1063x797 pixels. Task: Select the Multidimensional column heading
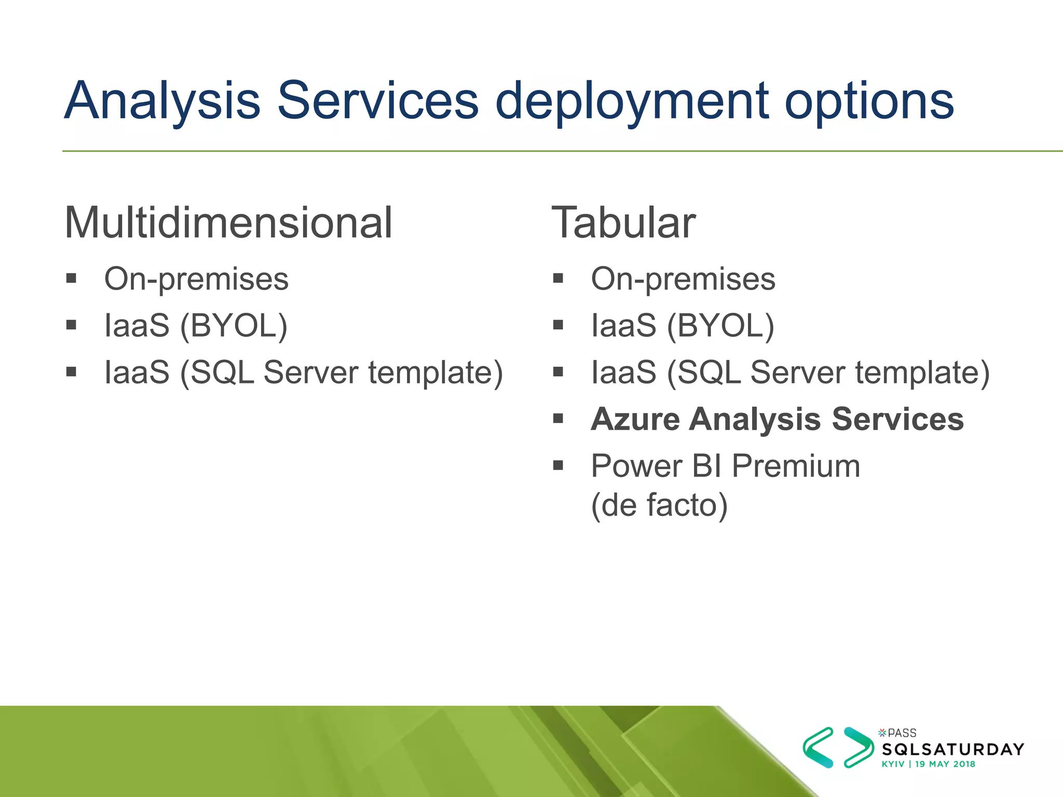pyautogui.click(x=228, y=223)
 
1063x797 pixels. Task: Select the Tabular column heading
pyautogui.click(x=623, y=223)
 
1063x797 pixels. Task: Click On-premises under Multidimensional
pyautogui.click(x=196, y=280)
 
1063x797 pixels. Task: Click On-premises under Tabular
pyautogui.click(x=683, y=280)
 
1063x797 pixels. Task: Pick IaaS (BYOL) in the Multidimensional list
pyautogui.click(x=196, y=326)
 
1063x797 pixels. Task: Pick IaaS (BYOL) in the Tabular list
pyautogui.click(x=683, y=326)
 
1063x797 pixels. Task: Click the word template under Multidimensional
pyautogui.click(x=435, y=373)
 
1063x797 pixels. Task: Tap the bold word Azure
pyautogui.click(x=635, y=419)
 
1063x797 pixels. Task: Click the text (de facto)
pyautogui.click(x=659, y=505)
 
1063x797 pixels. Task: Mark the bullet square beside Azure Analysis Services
pyautogui.click(x=558, y=418)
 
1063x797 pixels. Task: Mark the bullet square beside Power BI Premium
pyautogui.click(x=558, y=465)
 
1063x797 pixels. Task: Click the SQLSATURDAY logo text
pyautogui.click(x=953, y=749)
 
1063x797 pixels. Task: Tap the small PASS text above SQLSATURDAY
pyautogui.click(x=902, y=733)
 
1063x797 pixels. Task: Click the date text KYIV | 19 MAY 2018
pyautogui.click(x=928, y=764)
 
